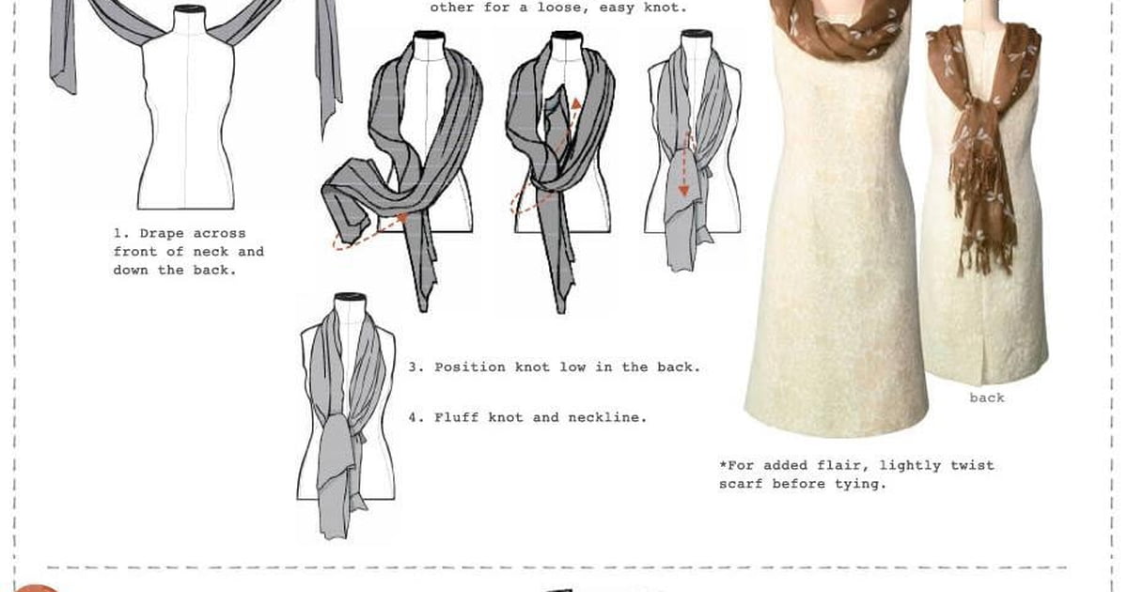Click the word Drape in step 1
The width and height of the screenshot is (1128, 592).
(x=161, y=234)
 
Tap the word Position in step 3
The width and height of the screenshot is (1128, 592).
(x=470, y=367)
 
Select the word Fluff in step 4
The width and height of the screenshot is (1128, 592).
(x=456, y=417)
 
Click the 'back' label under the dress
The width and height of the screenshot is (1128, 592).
(x=987, y=397)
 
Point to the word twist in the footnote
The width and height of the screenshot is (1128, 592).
(x=972, y=466)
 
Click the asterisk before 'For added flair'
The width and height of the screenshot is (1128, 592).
(x=723, y=464)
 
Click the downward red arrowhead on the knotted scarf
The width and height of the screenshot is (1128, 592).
(x=683, y=190)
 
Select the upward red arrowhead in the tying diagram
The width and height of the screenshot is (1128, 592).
(x=575, y=104)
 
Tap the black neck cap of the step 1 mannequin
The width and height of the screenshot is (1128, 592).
(x=189, y=9)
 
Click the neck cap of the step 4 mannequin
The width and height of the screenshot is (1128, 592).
(x=350, y=298)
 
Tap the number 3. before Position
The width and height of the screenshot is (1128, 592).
(x=416, y=367)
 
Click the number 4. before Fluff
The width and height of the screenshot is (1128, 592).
(x=416, y=417)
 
